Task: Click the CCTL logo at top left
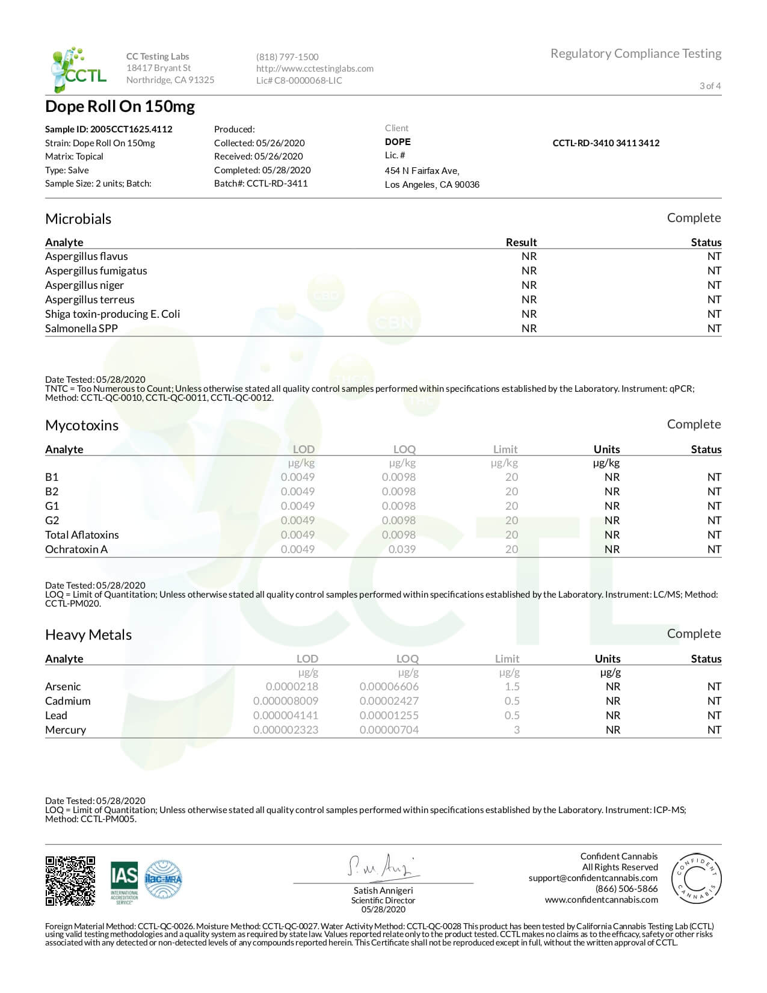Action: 79,69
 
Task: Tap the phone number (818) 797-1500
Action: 287,57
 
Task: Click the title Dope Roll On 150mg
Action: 120,107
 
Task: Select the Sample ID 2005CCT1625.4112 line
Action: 108,129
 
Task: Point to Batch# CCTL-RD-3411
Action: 260,183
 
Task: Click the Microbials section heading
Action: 78,218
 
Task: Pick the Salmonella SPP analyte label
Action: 81,328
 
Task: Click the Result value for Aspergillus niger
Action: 529,285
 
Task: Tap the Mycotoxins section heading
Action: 82,425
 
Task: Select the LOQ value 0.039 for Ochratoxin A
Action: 402,549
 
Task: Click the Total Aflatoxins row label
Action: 82,534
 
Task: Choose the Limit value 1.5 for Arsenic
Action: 512,686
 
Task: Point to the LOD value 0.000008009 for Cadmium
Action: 286,701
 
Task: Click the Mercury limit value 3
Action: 516,729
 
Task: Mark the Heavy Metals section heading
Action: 88,634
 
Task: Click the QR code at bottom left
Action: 70,880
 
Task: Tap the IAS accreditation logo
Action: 124,881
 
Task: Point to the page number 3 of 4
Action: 710,85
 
